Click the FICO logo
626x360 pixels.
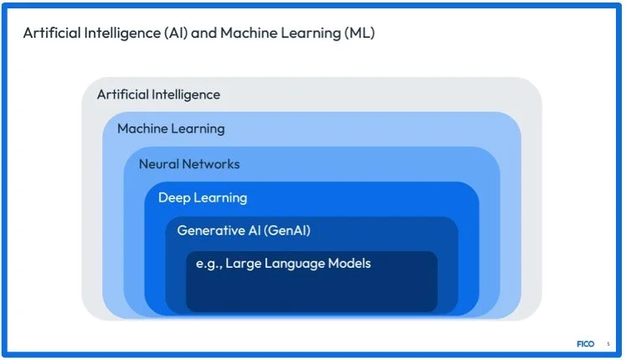pos(585,343)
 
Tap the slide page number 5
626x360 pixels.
pos(608,344)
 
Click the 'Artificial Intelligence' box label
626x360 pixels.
pos(158,95)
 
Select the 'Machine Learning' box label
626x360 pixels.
pos(171,129)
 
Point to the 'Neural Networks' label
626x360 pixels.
pos(189,164)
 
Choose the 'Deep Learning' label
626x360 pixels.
pos(203,198)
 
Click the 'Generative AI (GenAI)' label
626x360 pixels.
pos(244,230)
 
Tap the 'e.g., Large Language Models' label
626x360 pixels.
pos(284,264)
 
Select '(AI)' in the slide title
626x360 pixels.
pos(176,33)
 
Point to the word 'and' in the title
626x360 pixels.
pos(204,33)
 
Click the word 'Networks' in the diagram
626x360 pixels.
pos(211,164)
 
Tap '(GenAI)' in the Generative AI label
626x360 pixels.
pos(287,230)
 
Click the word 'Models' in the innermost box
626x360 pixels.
pos(349,264)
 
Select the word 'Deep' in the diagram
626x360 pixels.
pos(174,198)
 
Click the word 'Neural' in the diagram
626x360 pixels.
pos(159,164)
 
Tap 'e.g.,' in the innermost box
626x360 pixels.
pos(208,265)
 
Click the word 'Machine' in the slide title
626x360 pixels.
pos(249,33)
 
